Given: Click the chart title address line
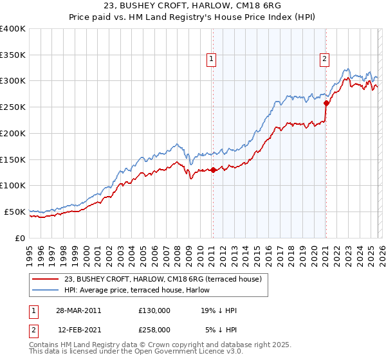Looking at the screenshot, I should tap(193, 6).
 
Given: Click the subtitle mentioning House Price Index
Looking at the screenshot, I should tap(193, 17).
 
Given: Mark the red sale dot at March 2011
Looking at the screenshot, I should tap(213, 170).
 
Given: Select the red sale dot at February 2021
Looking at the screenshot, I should tap(326, 103).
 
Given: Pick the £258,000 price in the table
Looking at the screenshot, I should tap(154, 329).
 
